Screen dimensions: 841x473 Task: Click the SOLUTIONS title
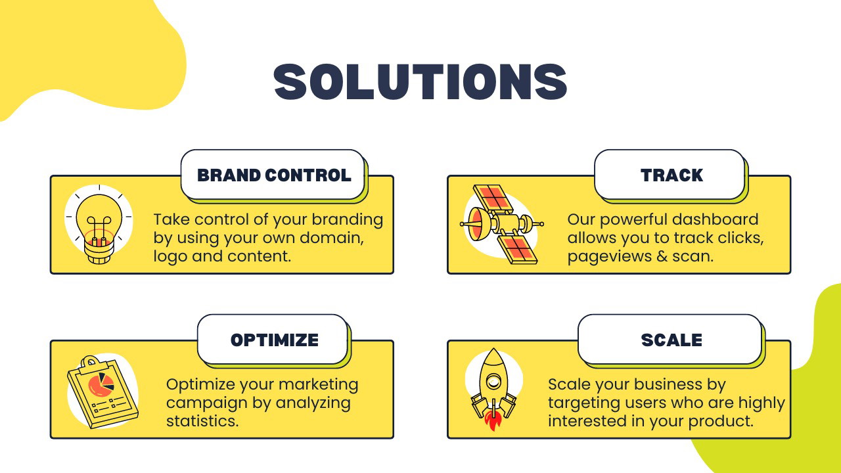coord(420,81)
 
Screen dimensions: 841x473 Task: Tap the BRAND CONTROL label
coord(274,175)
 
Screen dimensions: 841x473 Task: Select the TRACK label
coord(671,175)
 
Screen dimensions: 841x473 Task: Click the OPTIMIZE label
coord(275,340)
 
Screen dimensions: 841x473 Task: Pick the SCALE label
coord(671,340)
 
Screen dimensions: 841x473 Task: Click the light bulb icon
coord(99,225)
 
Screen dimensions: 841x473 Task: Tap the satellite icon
coord(501,225)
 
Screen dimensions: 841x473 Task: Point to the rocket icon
coord(493,389)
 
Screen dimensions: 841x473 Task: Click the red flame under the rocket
coord(493,421)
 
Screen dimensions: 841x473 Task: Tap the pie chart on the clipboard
coord(101,384)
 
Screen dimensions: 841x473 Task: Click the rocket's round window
coord(493,382)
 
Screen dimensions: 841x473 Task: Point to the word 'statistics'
coord(202,421)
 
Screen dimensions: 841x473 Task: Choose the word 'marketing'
coord(319,384)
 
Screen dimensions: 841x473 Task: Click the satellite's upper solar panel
coord(493,198)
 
